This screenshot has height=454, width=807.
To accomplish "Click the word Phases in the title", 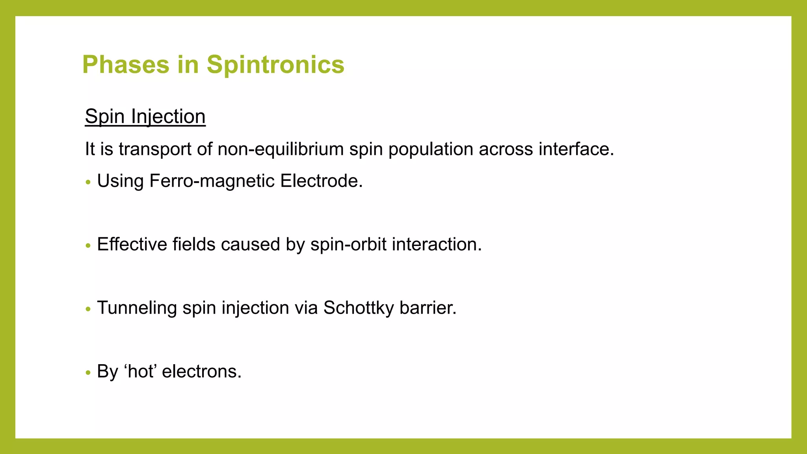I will click(x=125, y=65).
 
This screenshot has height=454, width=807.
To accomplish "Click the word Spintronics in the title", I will click(x=275, y=65).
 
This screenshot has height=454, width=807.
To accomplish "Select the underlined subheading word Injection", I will click(x=168, y=117).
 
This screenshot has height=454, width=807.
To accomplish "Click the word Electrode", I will click(x=321, y=181).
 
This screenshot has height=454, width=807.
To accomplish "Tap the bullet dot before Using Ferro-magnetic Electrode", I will click(x=88, y=182).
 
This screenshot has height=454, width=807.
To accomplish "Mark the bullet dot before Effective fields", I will click(x=88, y=246).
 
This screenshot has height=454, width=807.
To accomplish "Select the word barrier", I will click(x=428, y=308).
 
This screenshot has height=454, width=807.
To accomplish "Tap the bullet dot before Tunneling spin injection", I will click(x=88, y=309).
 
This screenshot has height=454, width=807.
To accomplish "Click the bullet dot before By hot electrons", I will click(x=88, y=373).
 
